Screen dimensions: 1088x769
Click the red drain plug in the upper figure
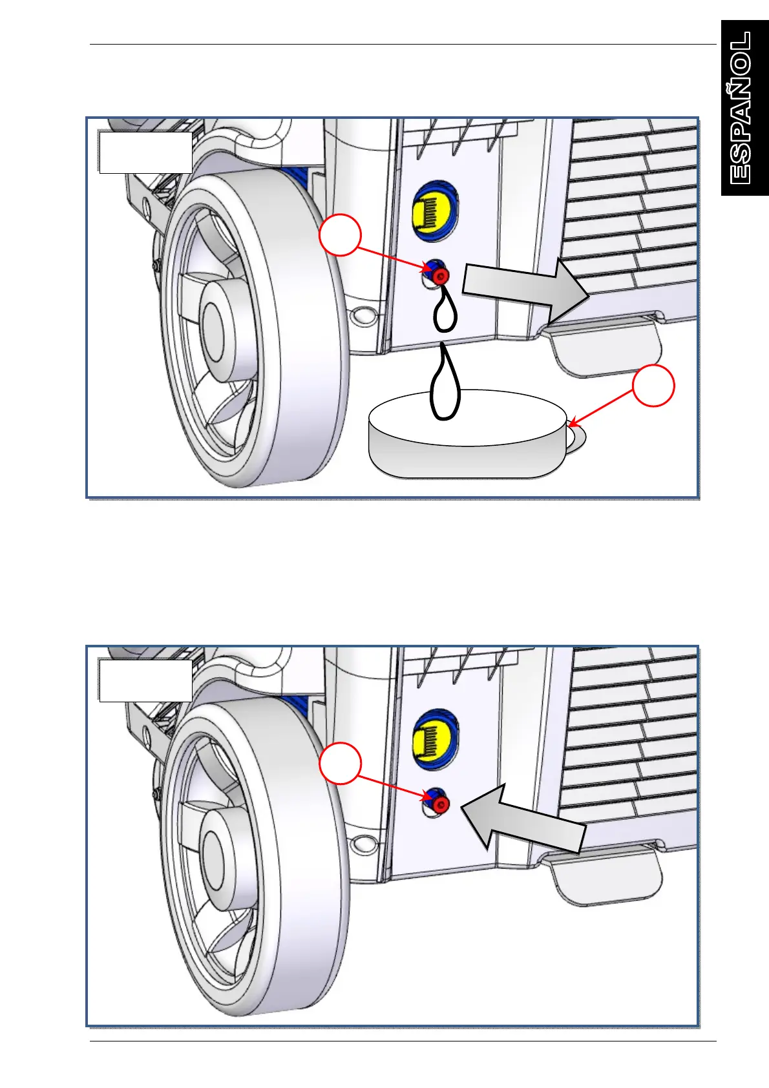[441, 277]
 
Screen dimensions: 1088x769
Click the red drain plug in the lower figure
[441, 804]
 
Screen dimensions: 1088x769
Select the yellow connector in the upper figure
[435, 211]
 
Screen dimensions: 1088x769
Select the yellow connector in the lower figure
[435, 738]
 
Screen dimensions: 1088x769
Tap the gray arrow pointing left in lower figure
[523, 817]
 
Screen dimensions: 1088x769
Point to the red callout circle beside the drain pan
[653, 386]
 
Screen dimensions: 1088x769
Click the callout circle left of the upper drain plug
[340, 235]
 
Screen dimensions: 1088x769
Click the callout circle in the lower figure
[340, 763]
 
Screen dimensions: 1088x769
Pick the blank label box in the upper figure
[145, 152]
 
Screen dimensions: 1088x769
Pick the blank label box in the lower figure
[145, 680]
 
